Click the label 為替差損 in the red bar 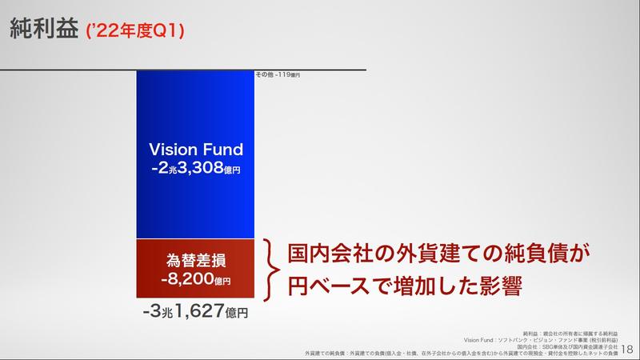pos(196,260)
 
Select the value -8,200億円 pos(196,280)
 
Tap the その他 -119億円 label pos(278,74)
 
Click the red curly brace pos(271,270)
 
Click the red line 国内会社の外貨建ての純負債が pos(437,255)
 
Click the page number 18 pos(627,348)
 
